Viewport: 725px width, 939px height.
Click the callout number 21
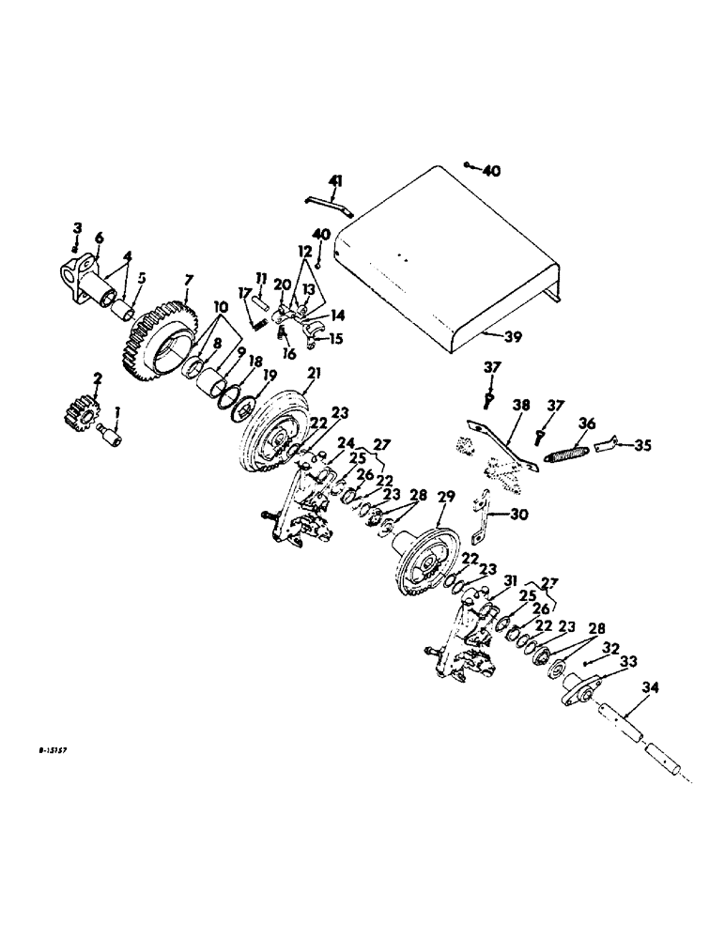tap(313, 373)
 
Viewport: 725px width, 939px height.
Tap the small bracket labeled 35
tap(608, 443)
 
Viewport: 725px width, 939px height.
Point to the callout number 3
tap(78, 228)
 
